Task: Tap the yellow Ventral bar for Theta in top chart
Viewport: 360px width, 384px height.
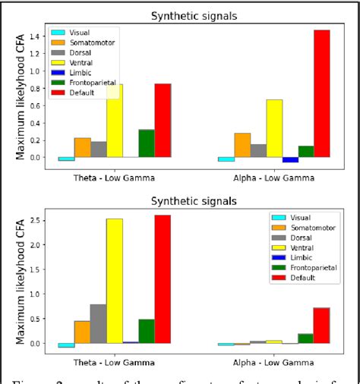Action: [115, 121]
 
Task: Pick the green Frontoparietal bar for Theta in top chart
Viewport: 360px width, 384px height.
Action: [147, 143]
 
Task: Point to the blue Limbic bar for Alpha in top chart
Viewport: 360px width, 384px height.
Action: [290, 160]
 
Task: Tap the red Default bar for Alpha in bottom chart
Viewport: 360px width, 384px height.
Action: [322, 326]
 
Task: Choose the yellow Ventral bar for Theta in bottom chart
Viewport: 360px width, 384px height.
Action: [115, 281]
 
